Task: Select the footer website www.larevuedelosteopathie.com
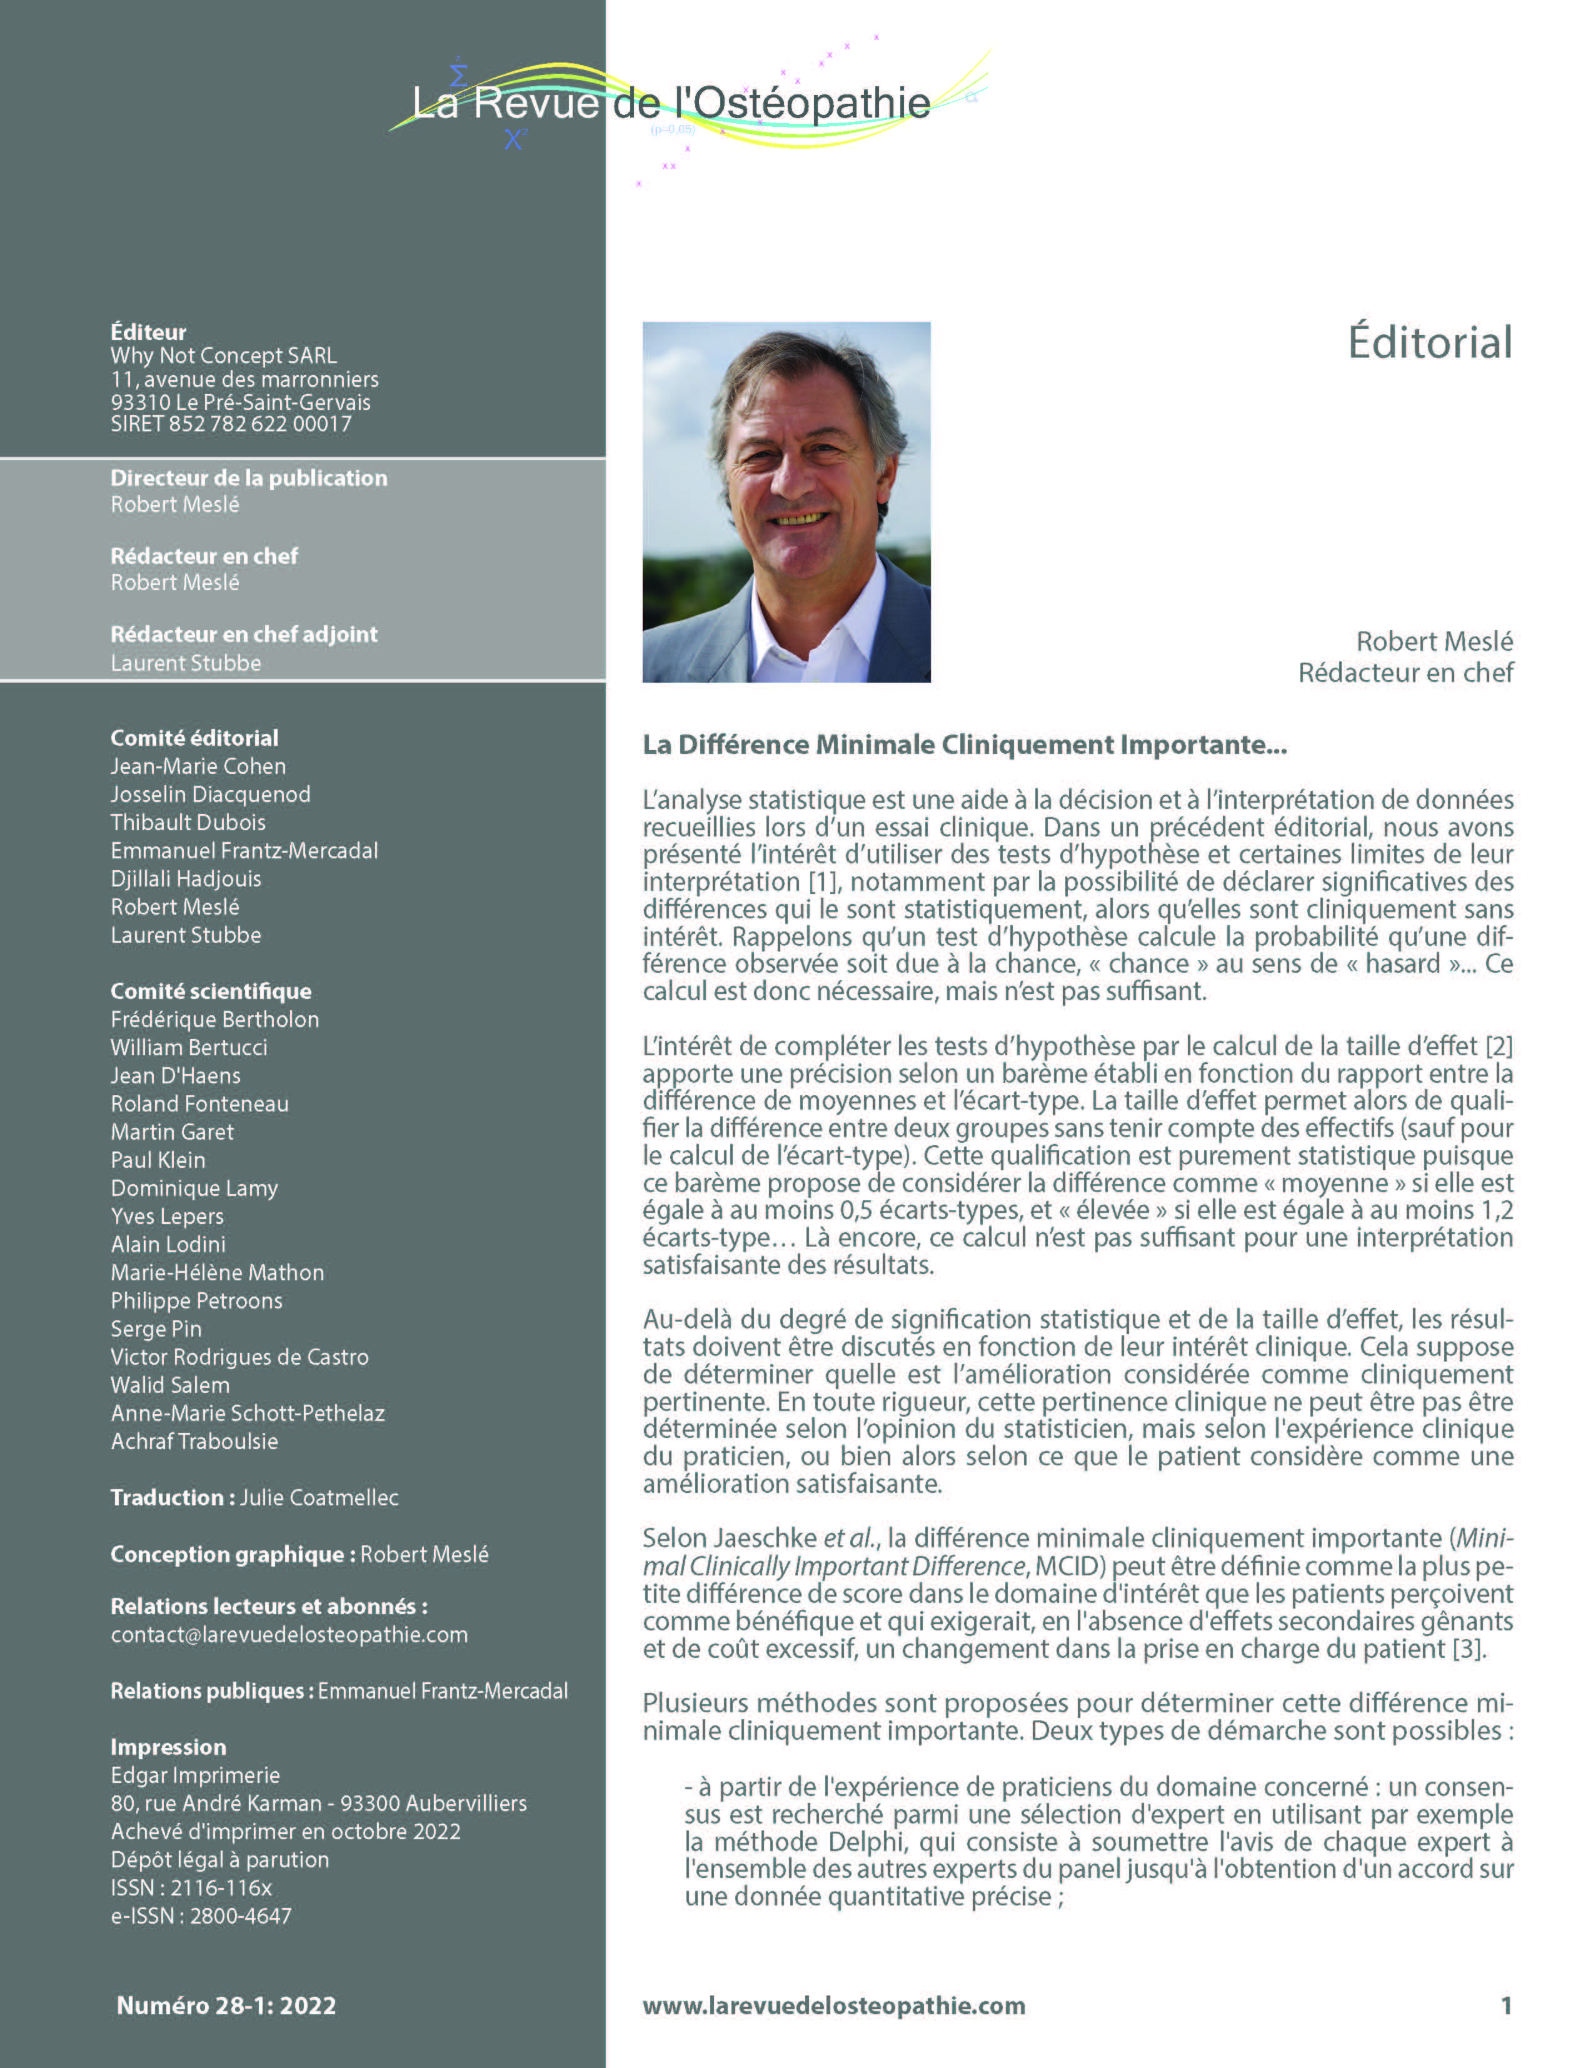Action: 834,2005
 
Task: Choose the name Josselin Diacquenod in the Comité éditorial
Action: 210,794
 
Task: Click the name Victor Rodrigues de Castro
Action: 239,1357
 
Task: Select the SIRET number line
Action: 231,424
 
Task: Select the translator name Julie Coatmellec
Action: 319,1497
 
